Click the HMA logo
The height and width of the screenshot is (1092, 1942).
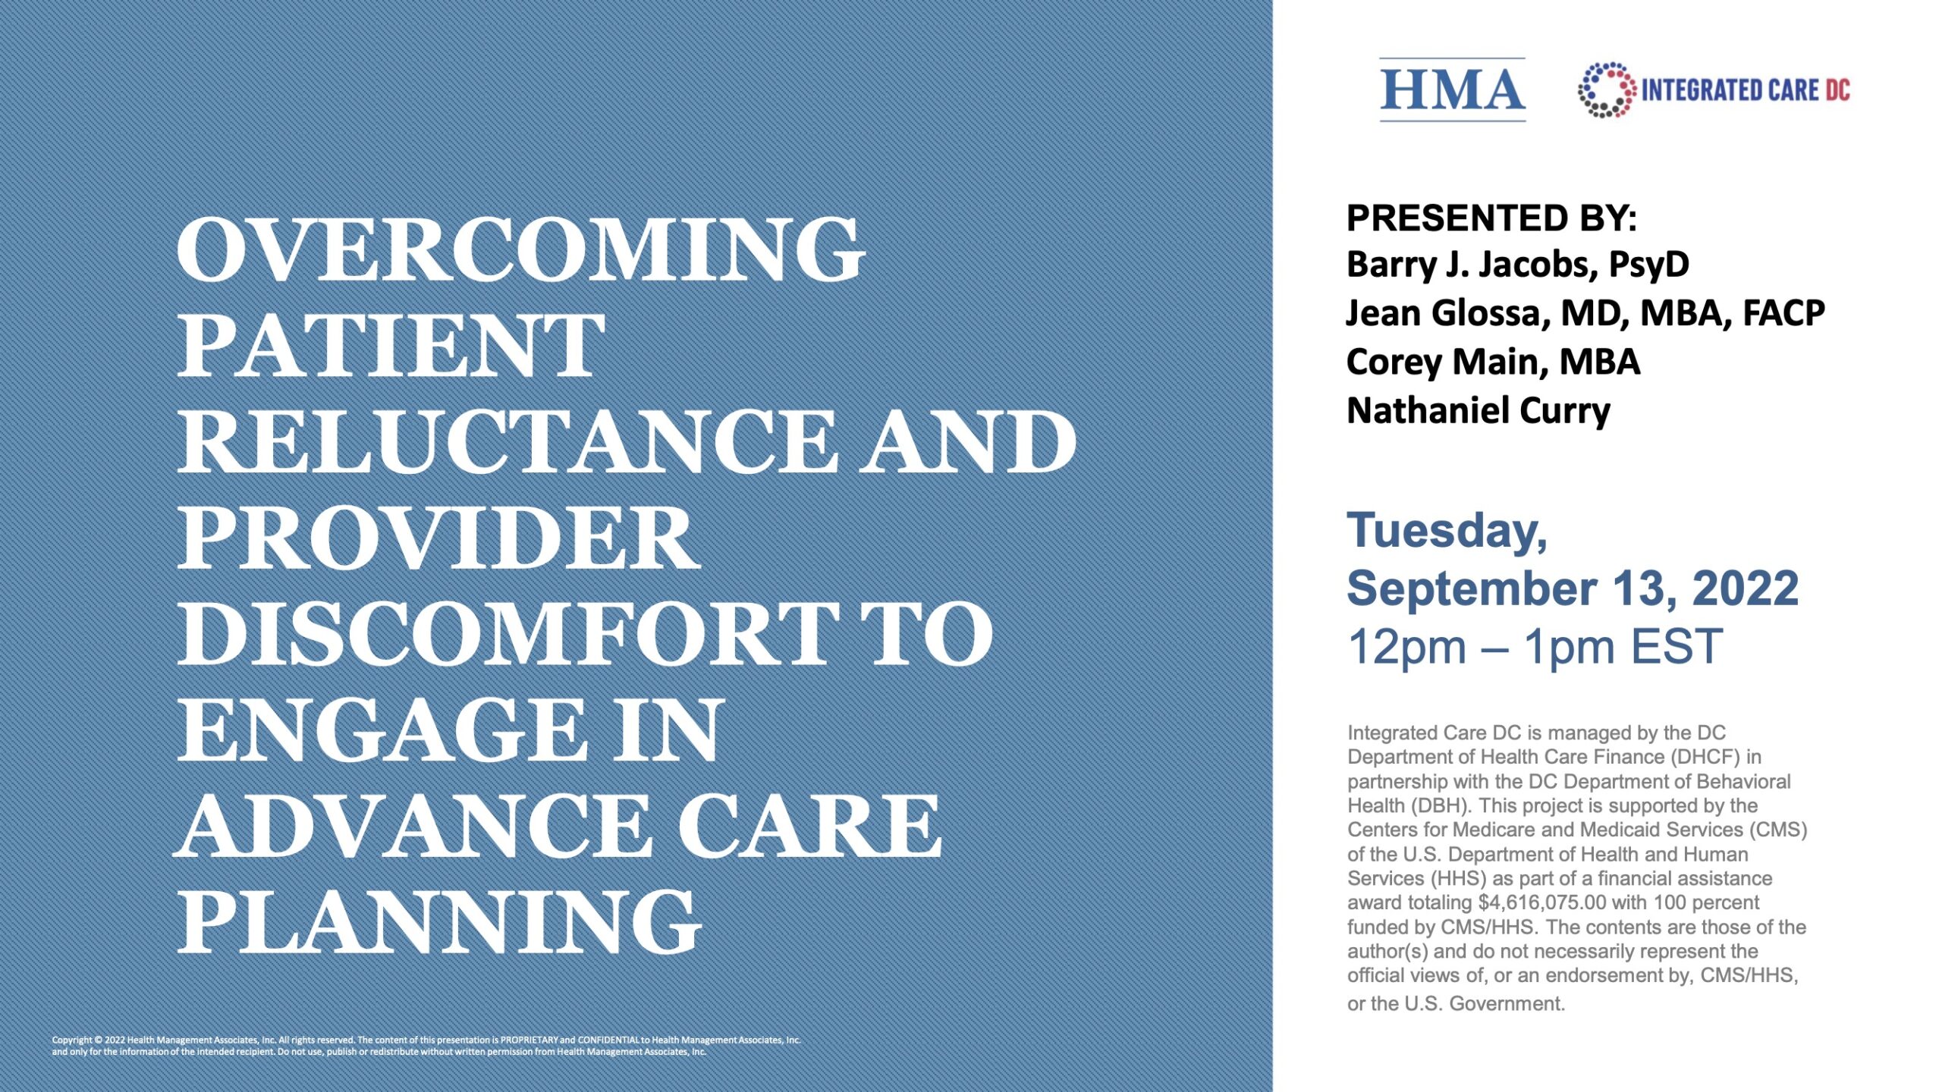point(1452,89)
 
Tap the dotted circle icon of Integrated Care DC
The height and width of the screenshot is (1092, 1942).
point(1606,89)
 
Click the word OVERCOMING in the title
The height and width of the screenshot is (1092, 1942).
point(520,249)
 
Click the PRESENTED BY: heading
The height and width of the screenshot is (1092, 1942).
point(1491,218)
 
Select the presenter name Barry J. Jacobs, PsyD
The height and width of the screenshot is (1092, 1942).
point(1517,265)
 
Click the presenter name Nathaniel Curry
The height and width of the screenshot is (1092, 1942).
point(1478,410)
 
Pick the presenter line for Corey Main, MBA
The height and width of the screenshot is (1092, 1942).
point(1493,362)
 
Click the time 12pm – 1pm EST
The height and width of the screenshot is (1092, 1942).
point(1535,647)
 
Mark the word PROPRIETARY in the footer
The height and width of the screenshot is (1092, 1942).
point(529,1040)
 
